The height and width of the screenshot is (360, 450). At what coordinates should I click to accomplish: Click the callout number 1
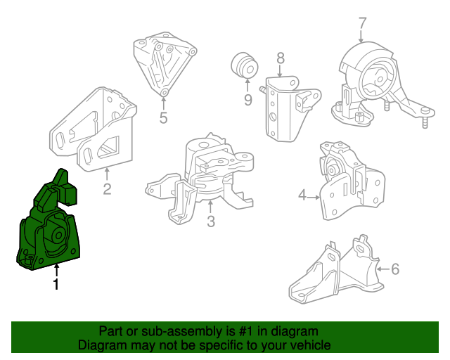point(56,284)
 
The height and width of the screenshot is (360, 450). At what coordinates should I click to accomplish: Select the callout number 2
point(107,189)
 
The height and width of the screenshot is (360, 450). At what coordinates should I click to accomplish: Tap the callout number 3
point(211,221)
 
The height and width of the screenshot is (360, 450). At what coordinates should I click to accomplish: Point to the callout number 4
point(302,195)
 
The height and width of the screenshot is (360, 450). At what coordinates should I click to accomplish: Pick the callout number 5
point(163,117)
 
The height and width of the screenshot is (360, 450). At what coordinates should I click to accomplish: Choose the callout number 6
point(395,269)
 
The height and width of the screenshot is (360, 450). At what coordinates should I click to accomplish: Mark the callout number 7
point(363,23)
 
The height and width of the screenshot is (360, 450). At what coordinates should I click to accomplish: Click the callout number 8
point(281,58)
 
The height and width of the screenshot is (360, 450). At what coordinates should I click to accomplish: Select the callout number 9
point(248,100)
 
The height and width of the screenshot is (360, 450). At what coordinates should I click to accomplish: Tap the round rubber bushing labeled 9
point(245,65)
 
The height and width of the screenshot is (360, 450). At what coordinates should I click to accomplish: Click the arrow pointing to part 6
point(383,269)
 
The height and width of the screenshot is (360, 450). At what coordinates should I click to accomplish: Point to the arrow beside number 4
point(314,197)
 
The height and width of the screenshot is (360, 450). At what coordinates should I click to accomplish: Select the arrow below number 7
point(361,37)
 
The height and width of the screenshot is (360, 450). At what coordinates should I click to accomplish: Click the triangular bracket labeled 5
point(164,63)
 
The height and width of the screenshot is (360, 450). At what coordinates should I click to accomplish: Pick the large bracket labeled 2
point(94,129)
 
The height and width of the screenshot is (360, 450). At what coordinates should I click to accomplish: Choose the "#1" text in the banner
point(246,331)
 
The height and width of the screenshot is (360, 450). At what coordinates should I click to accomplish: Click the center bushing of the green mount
point(57,236)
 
